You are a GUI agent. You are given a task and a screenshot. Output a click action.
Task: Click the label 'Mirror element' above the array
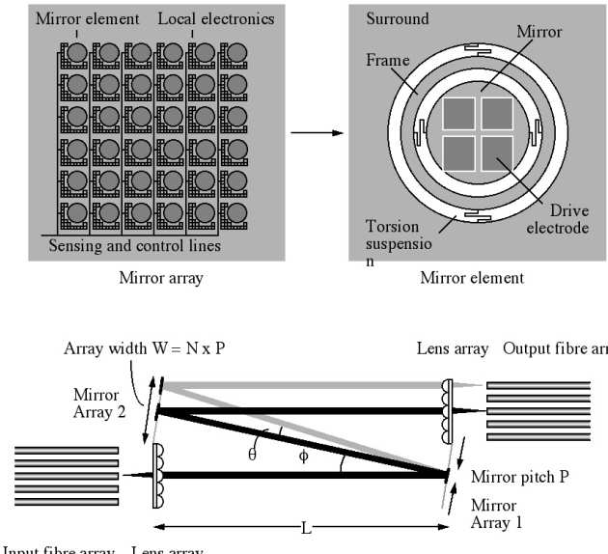click(88, 18)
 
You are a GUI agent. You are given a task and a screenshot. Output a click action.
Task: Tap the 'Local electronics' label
click(215, 18)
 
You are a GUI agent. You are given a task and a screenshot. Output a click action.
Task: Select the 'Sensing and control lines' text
click(134, 246)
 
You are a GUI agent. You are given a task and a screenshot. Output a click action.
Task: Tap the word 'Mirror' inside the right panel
click(539, 32)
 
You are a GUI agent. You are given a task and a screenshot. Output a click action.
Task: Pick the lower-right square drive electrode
click(497, 152)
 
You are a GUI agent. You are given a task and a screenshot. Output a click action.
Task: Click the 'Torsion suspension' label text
click(394, 241)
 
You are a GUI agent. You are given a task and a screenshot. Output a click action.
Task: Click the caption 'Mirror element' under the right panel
click(472, 278)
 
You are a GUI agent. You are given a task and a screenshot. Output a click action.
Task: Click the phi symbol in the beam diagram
click(304, 456)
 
